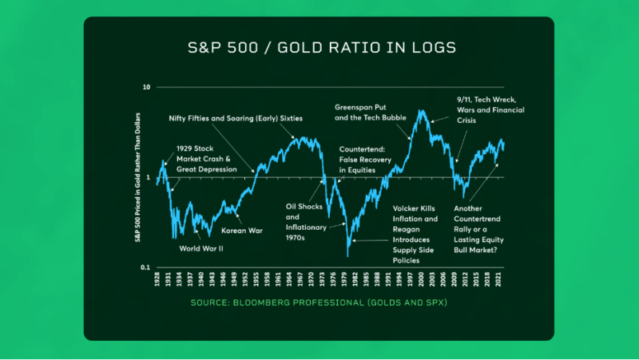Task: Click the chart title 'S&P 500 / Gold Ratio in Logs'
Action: (319, 48)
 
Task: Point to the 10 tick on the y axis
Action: (146, 86)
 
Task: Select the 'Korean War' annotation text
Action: (242, 231)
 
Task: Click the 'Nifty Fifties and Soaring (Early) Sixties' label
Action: (236, 117)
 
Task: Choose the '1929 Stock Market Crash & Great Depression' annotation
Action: (207, 159)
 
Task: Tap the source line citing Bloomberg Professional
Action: (319, 304)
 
